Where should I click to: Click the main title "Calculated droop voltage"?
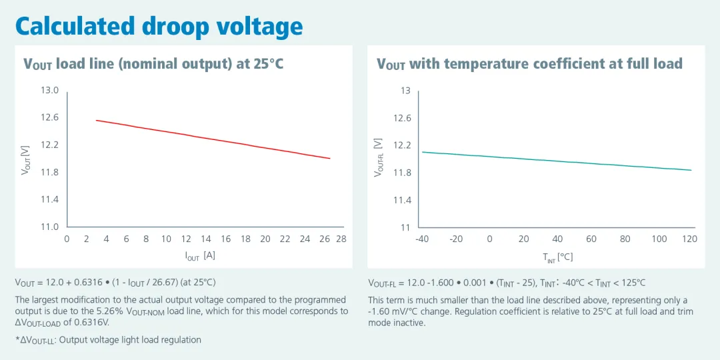tap(159, 26)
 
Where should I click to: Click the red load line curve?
tap(213, 139)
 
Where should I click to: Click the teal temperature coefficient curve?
tap(557, 161)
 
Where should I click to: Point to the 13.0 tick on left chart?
tap(50, 90)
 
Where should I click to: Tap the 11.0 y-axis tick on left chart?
tap(50, 227)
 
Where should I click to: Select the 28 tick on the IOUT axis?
tap(341, 239)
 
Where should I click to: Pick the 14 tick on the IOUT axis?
tap(206, 239)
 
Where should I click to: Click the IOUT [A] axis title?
tap(199, 255)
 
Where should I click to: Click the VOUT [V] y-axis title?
tap(26, 160)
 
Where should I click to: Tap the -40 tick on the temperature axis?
tap(422, 239)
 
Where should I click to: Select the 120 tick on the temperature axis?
tap(690, 239)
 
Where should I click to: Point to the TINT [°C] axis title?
tap(557, 257)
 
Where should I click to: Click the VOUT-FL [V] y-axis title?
tap(379, 157)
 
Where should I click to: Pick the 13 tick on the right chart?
tap(405, 91)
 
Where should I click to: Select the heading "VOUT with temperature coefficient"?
tap(529, 64)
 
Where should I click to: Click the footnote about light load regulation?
tap(108, 340)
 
